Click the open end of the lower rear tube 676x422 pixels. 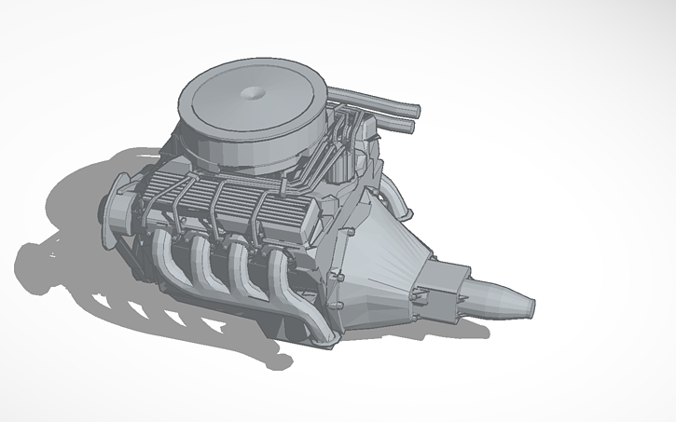coord(408,128)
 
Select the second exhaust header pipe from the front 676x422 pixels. coord(200,261)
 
